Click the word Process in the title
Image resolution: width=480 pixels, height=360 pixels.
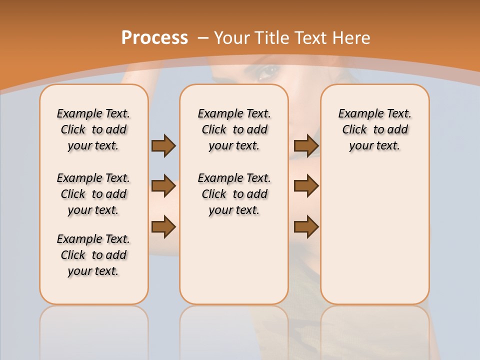tap(154, 38)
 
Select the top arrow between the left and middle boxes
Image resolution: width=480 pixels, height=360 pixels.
tap(163, 146)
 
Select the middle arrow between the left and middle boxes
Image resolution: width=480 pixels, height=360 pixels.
tap(163, 186)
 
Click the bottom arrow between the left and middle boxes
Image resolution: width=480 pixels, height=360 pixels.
tap(163, 227)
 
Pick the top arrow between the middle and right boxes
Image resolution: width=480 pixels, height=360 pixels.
tap(306, 146)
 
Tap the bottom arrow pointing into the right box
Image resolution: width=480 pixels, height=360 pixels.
tap(306, 227)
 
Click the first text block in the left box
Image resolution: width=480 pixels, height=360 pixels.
tap(93, 129)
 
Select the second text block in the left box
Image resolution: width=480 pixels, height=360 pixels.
tap(93, 194)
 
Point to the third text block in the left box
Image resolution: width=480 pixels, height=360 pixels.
tap(93, 255)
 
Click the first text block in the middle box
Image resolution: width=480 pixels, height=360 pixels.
tap(234, 129)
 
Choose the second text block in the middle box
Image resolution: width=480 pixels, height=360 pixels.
tap(234, 194)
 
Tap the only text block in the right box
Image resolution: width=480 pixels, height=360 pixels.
tap(374, 129)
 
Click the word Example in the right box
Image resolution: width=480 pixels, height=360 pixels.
tap(357, 114)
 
